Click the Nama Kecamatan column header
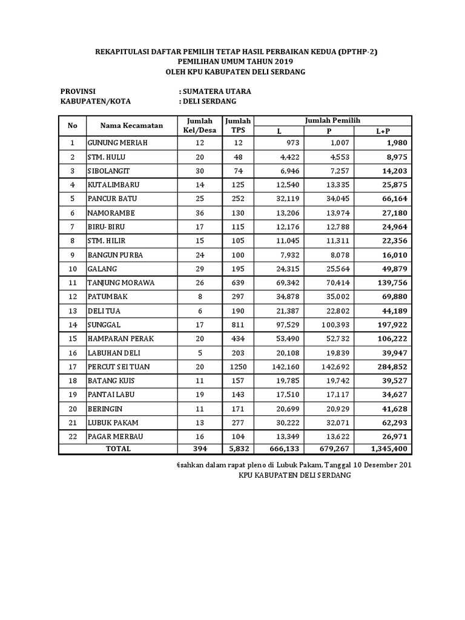pyautogui.click(x=131, y=125)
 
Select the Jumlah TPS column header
pyautogui.click(x=238, y=125)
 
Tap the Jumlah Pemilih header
pyautogui.click(x=332, y=120)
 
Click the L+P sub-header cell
pyautogui.click(x=383, y=131)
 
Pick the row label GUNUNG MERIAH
pyautogui.click(x=117, y=143)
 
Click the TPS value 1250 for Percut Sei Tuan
pyautogui.click(x=238, y=367)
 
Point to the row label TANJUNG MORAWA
pyautogui.click(x=120, y=283)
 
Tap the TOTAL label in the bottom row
pyautogui.click(x=118, y=449)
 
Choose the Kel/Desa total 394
pyautogui.click(x=200, y=449)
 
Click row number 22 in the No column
pyautogui.click(x=73, y=437)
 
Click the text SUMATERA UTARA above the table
pyautogui.click(x=215, y=91)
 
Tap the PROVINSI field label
pyautogui.click(x=79, y=91)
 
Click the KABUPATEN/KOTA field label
pyautogui.click(x=96, y=101)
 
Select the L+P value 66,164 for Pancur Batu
pyautogui.click(x=393, y=199)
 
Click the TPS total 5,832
pyautogui.click(x=238, y=449)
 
